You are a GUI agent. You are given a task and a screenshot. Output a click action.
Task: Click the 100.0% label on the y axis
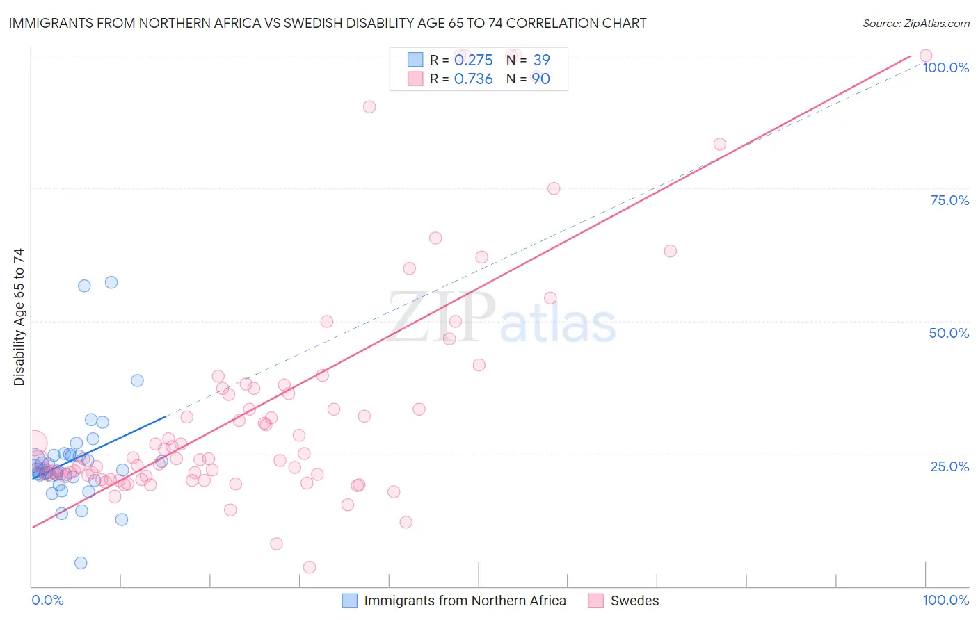[945, 67]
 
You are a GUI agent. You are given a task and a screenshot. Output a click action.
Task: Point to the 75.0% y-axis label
[949, 200]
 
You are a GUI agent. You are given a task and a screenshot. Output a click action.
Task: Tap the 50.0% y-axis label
[949, 333]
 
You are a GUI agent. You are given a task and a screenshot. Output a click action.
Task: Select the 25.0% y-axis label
[949, 466]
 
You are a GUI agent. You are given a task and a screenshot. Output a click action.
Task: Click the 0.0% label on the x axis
[47, 600]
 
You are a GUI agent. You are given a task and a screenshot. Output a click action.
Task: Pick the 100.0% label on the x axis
[945, 600]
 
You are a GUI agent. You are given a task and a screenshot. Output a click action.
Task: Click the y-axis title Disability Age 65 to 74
[19, 317]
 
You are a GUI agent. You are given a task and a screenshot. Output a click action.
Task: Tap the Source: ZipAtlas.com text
[916, 24]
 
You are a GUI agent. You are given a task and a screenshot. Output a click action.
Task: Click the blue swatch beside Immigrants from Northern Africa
[350, 601]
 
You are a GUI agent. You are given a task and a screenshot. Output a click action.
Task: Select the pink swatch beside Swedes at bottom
[595, 601]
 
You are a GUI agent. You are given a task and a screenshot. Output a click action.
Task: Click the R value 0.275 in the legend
[473, 60]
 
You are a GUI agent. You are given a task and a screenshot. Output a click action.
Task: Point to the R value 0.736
[473, 79]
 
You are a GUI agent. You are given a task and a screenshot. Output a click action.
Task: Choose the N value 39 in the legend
[541, 60]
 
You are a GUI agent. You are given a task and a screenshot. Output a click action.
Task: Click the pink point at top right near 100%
[925, 56]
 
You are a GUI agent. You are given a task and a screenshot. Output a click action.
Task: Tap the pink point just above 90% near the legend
[369, 107]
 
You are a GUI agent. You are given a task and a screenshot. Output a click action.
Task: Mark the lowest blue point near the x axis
[81, 563]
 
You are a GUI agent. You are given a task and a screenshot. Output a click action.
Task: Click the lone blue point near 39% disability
[137, 380]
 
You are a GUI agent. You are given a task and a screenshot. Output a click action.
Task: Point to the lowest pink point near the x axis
[310, 567]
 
